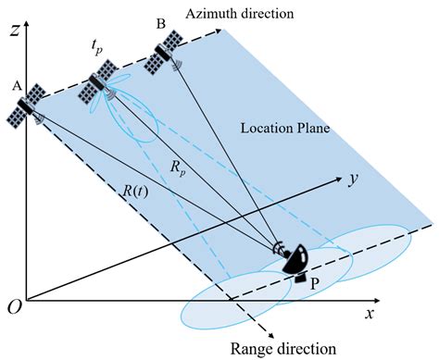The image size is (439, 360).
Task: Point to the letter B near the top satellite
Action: pos(160,25)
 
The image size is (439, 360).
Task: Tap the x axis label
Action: pos(370,315)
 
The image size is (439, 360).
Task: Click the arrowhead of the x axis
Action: pos(381,300)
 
